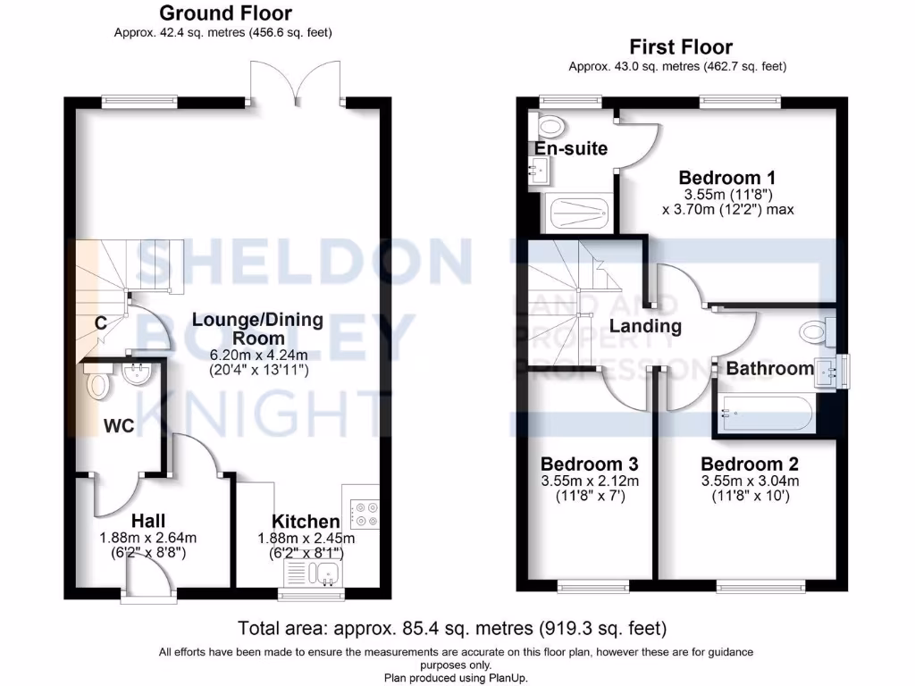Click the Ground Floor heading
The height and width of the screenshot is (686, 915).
point(225,13)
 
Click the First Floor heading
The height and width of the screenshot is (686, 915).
point(681,46)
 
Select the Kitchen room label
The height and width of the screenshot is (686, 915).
point(306,522)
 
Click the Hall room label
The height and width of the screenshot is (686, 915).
point(148,520)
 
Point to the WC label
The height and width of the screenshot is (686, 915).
point(118,426)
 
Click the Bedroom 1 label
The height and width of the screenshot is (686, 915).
point(726,176)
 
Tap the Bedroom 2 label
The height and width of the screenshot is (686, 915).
point(749,464)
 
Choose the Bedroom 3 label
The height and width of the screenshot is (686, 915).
point(589,464)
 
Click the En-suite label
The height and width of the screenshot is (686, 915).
point(571,148)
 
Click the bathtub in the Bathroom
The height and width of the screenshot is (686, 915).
point(764,414)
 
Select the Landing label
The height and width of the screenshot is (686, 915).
point(645,326)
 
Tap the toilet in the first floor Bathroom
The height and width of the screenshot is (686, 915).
point(817,331)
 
